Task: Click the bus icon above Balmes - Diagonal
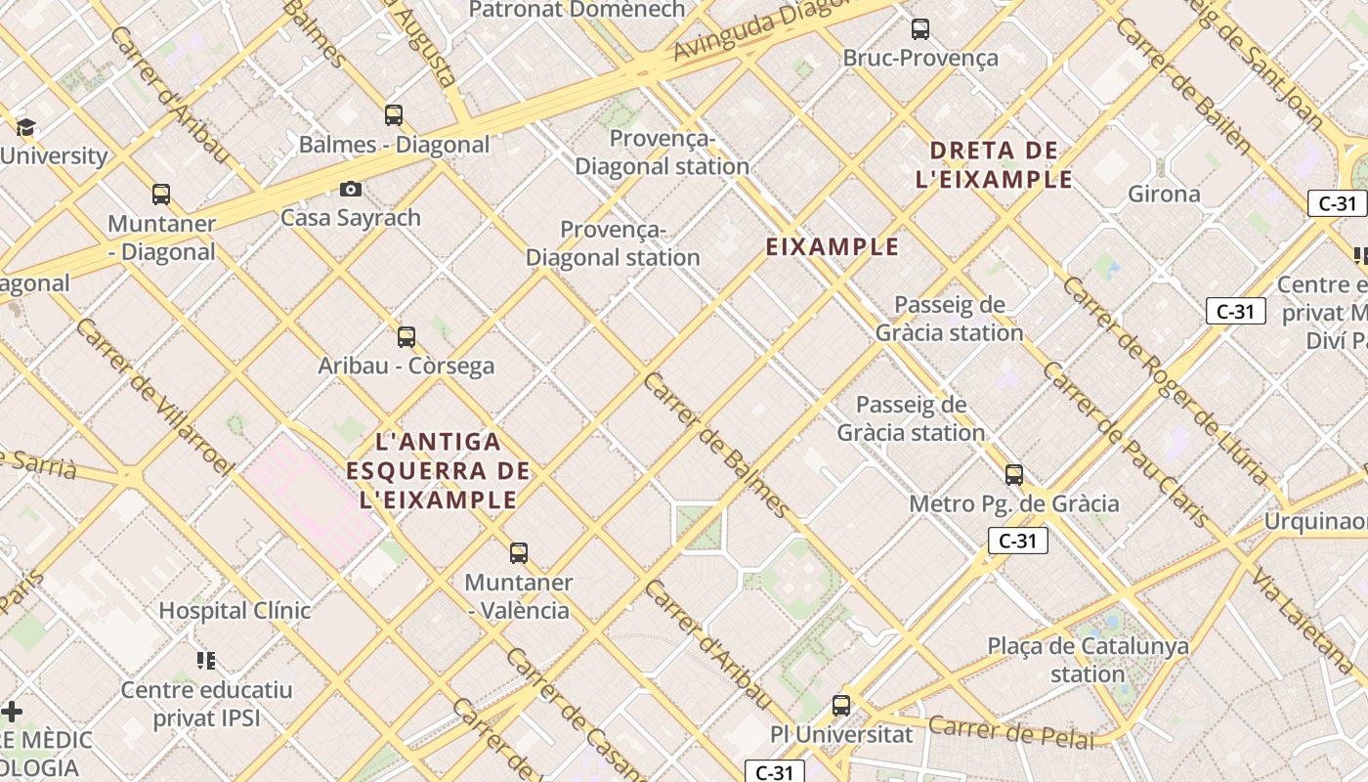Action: pos(394,115)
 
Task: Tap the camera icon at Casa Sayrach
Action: pos(351,189)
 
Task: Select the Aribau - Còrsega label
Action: pos(406,366)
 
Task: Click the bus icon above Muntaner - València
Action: pos(519,553)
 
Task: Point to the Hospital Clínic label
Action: pos(235,611)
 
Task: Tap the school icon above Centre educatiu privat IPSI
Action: pos(205,661)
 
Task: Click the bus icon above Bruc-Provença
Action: pos(920,29)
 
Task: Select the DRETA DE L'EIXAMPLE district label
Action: pos(995,165)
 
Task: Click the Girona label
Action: pos(1164,194)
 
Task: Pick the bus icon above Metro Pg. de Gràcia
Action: pos(1014,475)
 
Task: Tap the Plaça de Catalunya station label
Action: pos(1088,660)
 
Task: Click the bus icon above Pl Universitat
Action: pos(841,705)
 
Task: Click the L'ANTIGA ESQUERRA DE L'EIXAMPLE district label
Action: pos(438,471)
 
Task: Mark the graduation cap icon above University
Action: pos(25,127)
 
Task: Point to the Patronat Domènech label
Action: pos(577,10)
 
